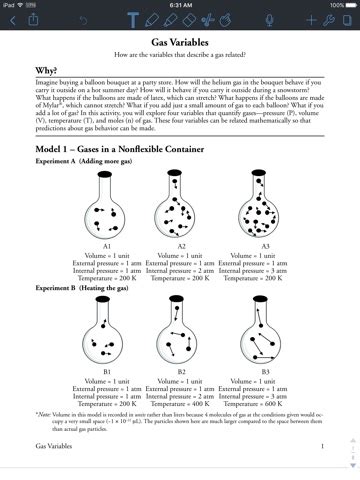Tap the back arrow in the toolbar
(13, 20)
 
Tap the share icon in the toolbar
(36, 20)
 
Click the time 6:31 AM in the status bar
(180, 5)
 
